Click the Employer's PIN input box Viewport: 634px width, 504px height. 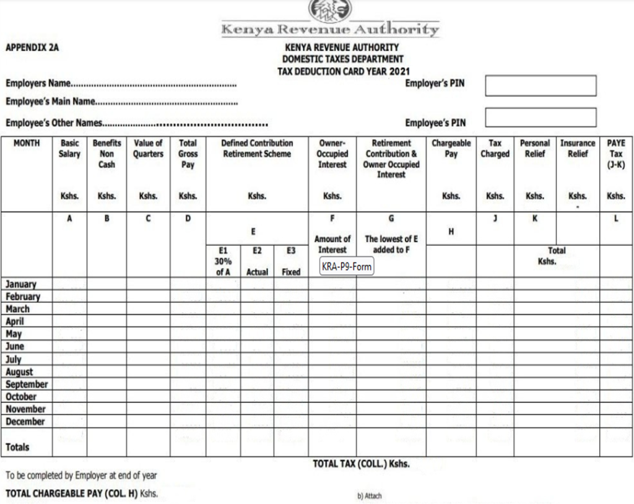[541, 85]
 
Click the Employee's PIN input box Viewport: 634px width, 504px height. [541, 118]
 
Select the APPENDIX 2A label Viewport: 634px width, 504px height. [32, 47]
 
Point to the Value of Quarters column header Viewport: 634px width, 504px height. [148, 149]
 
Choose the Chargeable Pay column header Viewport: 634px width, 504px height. [451, 149]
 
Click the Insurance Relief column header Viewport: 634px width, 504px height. [578, 149]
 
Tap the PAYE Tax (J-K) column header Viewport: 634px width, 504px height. [616, 154]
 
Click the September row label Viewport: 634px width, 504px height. [27, 384]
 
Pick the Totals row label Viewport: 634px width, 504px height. [17, 447]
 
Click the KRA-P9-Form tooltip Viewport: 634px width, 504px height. [345, 267]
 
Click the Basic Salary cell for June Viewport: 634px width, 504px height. [69, 347]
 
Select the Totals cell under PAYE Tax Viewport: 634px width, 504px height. [616, 442]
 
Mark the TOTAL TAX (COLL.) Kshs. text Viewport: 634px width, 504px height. [361, 464]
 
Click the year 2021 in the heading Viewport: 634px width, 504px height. [400, 71]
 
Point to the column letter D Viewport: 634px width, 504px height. [188, 218]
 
